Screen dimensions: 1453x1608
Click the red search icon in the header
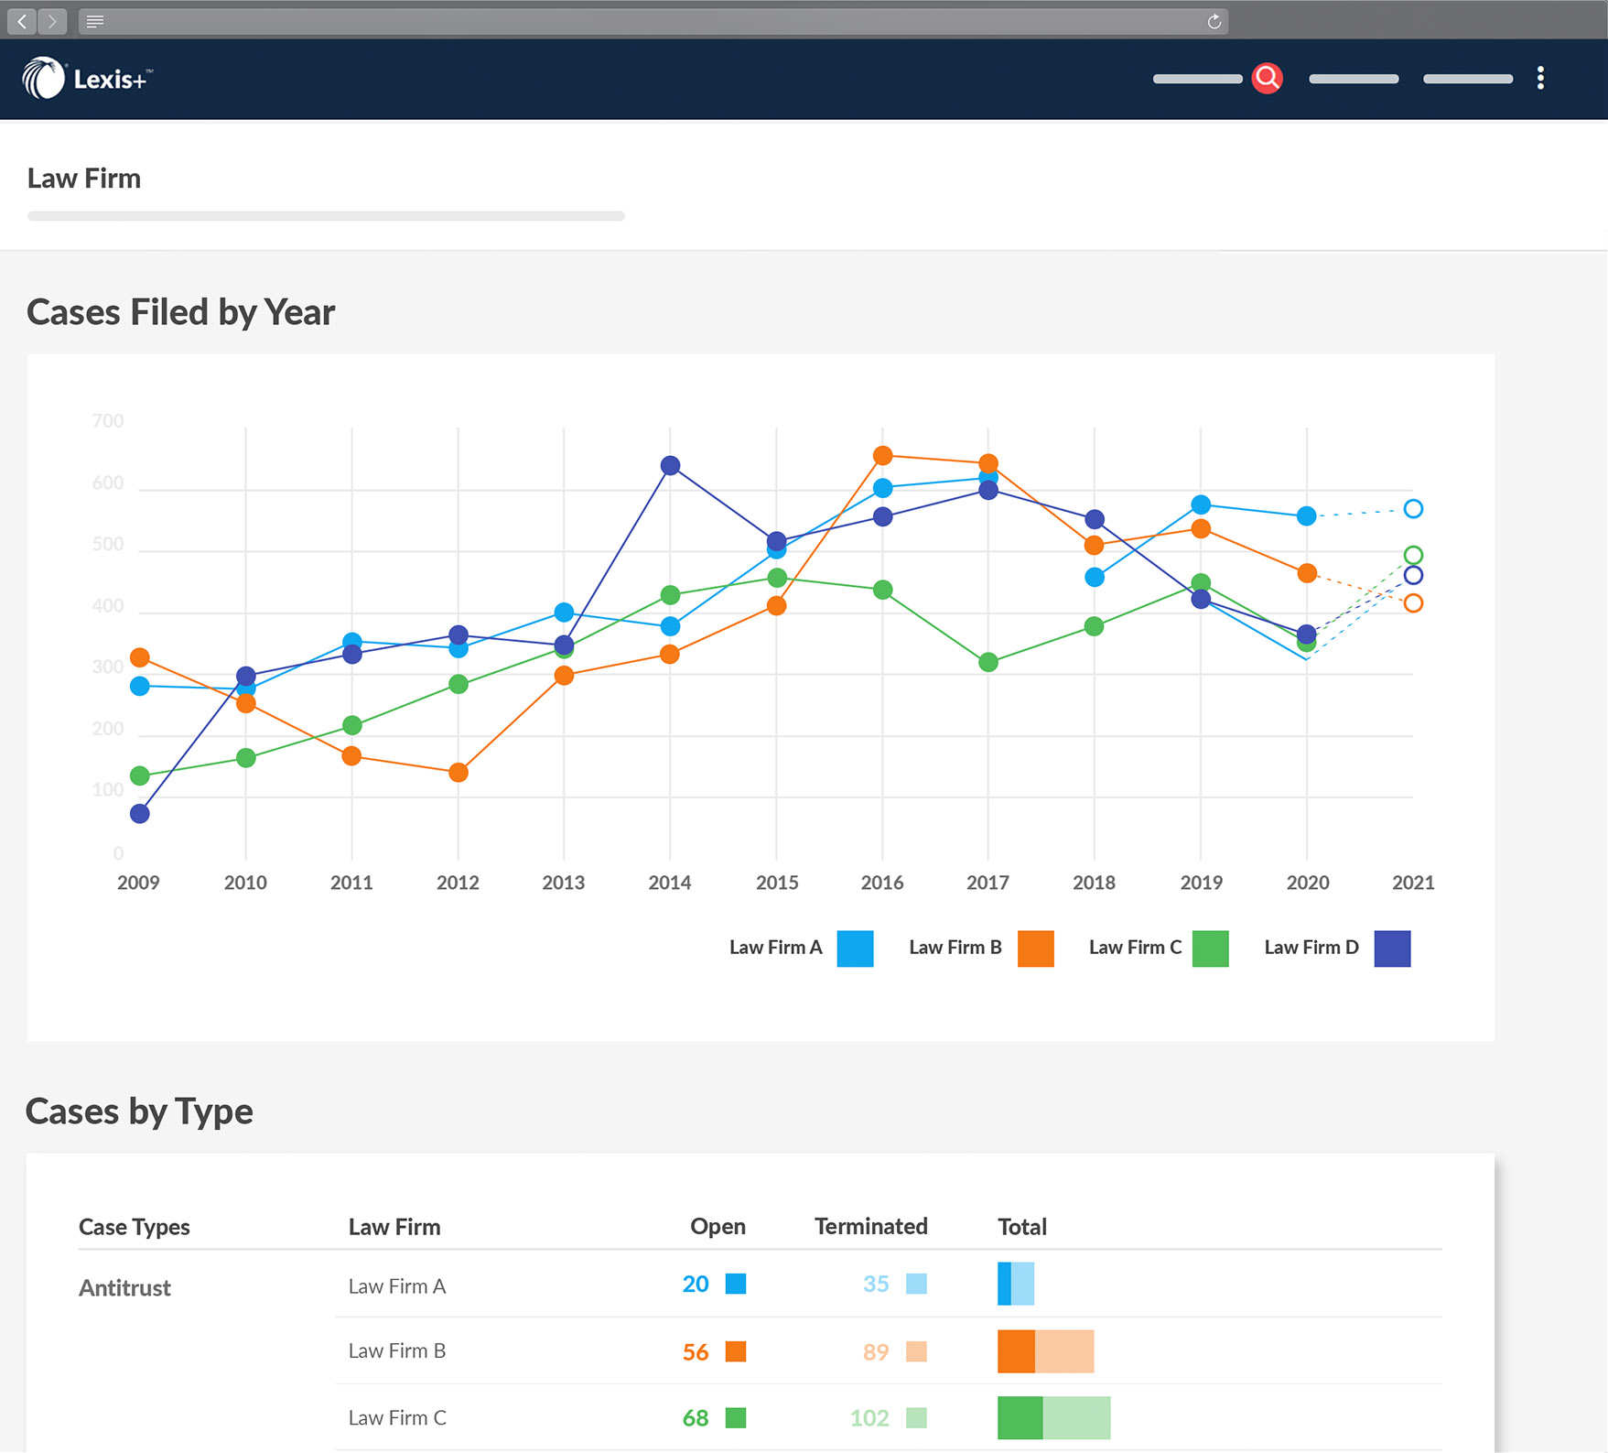pos(1267,79)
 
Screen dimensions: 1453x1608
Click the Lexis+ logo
pos(87,79)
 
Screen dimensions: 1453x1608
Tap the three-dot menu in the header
pos(1540,79)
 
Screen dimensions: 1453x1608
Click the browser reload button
pos(1214,22)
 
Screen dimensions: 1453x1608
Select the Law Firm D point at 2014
pos(670,466)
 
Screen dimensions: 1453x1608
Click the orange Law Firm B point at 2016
pos(882,456)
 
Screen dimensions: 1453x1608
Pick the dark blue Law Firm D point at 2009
pos(140,814)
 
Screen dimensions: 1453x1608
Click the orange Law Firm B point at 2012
pos(459,773)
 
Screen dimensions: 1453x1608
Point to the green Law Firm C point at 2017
pos(988,662)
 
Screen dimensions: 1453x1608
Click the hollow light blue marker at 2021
pos(1413,509)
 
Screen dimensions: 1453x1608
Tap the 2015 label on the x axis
pos(776,883)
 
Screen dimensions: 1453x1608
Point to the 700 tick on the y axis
pos(108,421)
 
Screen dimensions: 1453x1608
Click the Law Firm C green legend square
pos(1210,949)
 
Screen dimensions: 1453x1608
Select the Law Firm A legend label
pos(775,948)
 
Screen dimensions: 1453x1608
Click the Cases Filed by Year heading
pos(180,312)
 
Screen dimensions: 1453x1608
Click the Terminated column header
pos(870,1226)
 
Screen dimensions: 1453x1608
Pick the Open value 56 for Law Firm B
pos(695,1351)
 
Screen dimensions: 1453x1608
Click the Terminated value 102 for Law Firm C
pos(869,1418)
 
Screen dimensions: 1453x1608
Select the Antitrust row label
pos(124,1287)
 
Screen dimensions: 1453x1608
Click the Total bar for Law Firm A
pos(1015,1284)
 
